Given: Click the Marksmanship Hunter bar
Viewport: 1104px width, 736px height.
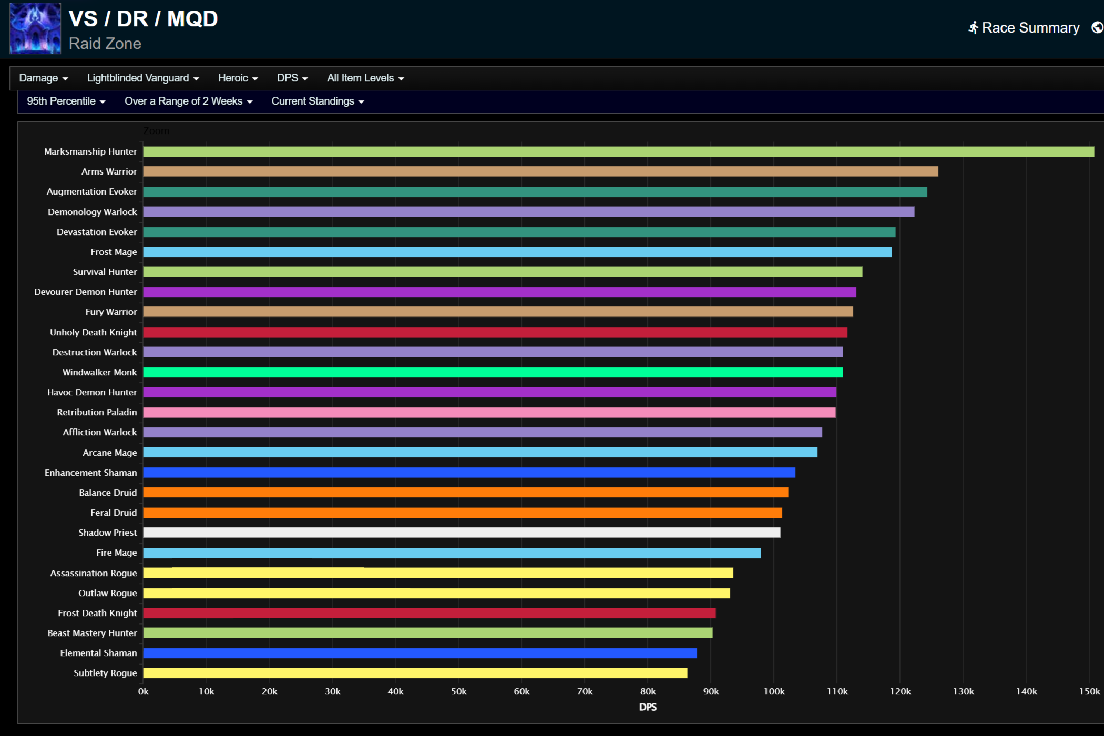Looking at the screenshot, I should (x=618, y=151).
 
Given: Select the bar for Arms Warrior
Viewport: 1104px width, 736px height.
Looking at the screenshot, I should (x=540, y=171).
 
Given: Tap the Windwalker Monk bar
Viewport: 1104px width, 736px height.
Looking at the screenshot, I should (x=493, y=372).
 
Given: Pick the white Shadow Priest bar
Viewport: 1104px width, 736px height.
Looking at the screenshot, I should (x=462, y=533).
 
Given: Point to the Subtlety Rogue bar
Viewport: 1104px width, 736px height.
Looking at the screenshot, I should (x=415, y=673).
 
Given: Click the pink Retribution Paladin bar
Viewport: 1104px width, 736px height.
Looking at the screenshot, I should (x=489, y=412).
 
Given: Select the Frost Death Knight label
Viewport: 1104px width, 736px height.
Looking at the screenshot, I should (x=97, y=613).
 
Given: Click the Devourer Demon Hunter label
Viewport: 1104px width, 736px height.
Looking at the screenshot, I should (x=85, y=292).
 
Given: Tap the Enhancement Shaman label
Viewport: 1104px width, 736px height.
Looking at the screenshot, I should (x=90, y=473).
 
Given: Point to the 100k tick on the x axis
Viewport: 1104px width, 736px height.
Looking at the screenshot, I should (x=774, y=691).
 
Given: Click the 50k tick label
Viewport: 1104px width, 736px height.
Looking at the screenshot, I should (x=458, y=691).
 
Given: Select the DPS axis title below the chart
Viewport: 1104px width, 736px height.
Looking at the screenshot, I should (x=648, y=707).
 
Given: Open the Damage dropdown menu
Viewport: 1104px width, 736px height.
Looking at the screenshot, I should (x=43, y=78).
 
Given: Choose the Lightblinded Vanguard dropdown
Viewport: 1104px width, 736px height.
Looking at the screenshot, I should (x=142, y=78).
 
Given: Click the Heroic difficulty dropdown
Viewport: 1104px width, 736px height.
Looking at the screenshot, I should (x=238, y=78).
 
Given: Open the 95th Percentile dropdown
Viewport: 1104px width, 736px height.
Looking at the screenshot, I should (x=66, y=101).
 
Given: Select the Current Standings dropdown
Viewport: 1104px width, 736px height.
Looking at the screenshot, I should (x=318, y=101).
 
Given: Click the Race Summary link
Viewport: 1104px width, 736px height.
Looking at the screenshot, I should (x=1024, y=28).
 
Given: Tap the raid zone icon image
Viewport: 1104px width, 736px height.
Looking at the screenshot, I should (x=35, y=28).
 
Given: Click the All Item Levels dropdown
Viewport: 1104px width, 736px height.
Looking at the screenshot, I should (x=365, y=78).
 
